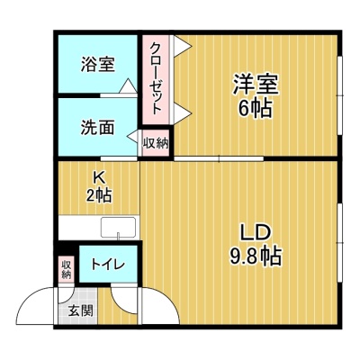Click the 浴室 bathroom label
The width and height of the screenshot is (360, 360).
(98, 65)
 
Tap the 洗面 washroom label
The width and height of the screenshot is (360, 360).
(98, 128)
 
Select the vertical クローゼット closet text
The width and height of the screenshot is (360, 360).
(156, 78)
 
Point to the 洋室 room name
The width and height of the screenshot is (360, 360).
(256, 84)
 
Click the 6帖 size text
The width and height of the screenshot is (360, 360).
(255, 108)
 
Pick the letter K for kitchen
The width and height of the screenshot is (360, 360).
(99, 178)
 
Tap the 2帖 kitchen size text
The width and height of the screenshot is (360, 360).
(99, 195)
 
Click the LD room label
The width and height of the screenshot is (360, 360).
(256, 232)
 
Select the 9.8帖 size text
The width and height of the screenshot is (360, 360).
(256, 256)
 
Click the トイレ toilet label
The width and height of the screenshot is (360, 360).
(108, 264)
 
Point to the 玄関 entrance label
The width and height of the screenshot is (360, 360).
(80, 310)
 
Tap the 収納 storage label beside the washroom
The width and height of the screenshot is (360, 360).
(156, 143)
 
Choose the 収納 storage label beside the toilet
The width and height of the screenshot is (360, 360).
(67, 269)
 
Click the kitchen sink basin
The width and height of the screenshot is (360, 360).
(118, 227)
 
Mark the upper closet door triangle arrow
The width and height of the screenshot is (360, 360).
(182, 46)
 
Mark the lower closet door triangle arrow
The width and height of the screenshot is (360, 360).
(182, 113)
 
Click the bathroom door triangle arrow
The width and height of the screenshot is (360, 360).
(129, 85)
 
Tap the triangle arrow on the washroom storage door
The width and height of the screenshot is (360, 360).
(134, 137)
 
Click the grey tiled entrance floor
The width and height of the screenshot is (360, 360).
(77, 306)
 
